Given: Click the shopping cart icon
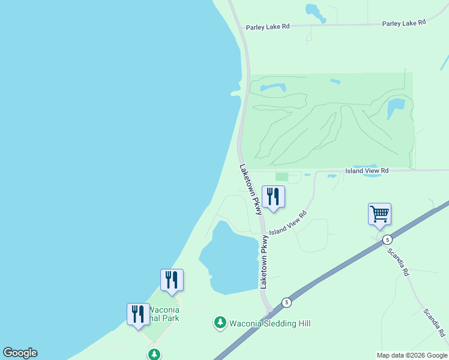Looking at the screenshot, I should coord(379,214).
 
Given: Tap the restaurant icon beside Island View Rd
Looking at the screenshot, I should coord(274,197).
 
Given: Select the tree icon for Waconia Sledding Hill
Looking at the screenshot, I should coord(220,323).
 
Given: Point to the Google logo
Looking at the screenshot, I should coord(20,353).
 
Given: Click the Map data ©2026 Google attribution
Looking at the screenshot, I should coord(412,355).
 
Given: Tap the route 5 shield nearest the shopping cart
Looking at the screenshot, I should coord(388,238).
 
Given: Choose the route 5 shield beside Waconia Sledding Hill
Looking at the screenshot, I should coord(287,302).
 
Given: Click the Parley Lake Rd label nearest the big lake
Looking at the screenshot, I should coord(268,26).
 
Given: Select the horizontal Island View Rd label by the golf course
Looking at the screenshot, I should coord(367,171).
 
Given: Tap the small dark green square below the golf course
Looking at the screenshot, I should coord(281,176).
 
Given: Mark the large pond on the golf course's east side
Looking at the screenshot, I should coord(396,109).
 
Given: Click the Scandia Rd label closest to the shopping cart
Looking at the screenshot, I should coord(397,262).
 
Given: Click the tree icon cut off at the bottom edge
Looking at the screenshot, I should coord(155,355).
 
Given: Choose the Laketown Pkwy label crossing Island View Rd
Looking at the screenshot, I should coord(250,190).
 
